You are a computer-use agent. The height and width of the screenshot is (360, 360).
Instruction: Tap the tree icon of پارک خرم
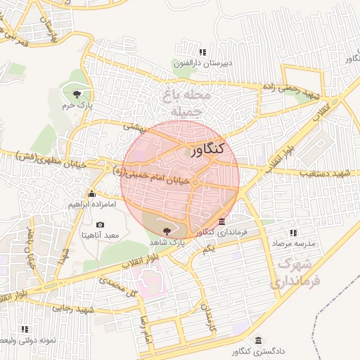point(76,94)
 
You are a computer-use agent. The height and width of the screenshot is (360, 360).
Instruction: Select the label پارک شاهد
point(167,241)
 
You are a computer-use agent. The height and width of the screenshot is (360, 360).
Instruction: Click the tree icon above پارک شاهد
point(167,231)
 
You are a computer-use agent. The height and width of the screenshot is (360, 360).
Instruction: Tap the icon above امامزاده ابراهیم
point(91,193)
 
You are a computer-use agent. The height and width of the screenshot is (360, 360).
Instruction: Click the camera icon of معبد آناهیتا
point(100,225)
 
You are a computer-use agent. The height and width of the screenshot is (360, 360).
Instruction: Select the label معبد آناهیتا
point(101,235)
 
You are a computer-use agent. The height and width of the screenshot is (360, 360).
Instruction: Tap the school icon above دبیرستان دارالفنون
point(202,52)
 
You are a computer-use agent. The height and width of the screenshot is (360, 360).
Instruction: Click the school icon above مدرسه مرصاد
point(292,233)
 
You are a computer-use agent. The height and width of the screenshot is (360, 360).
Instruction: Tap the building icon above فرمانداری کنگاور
point(222,221)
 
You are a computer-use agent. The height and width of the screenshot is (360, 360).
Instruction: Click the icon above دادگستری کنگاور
point(259,339)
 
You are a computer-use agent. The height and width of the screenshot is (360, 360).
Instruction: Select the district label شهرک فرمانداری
point(295,274)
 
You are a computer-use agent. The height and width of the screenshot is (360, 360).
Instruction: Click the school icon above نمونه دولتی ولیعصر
point(25,328)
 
